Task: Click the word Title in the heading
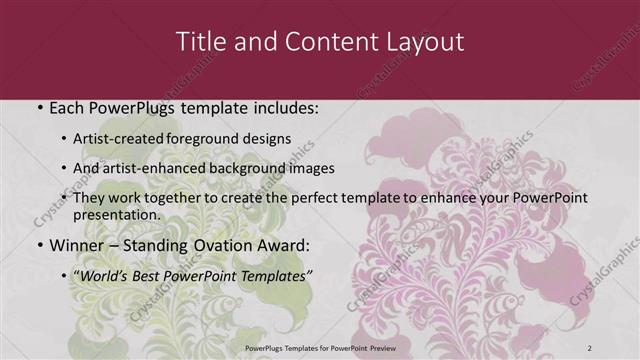tap(200, 42)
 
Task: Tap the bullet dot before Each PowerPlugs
tap(39, 106)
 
